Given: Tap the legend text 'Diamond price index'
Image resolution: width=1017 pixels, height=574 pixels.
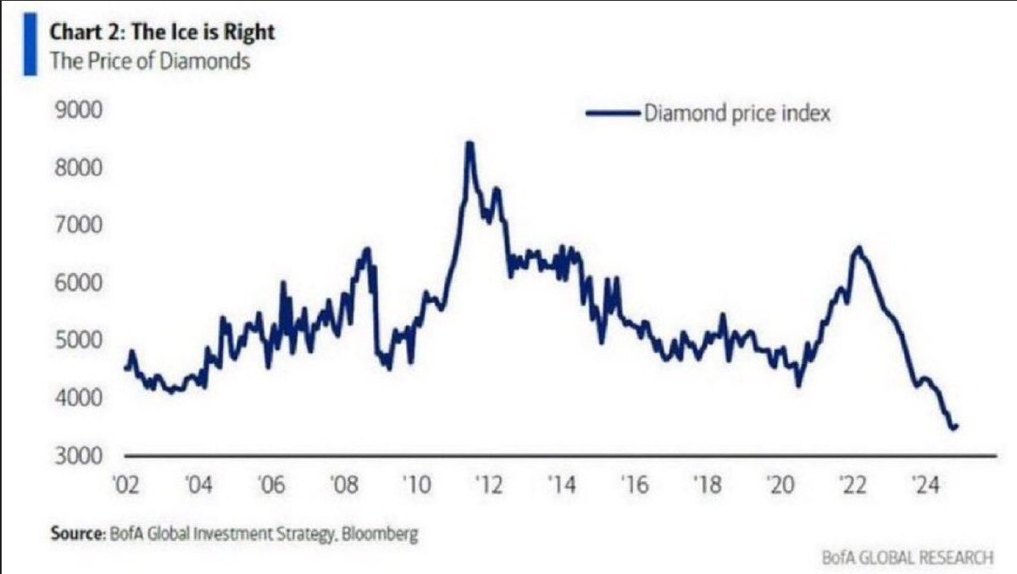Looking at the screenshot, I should point(737,113).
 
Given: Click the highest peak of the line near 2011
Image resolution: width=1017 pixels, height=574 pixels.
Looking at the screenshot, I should point(469,142).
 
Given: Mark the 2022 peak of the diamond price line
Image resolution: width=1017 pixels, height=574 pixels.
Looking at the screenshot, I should point(859,248).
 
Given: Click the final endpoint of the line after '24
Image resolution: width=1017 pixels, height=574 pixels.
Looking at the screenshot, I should point(956,426).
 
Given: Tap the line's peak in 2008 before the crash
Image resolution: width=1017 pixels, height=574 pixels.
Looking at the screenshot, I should point(367,248).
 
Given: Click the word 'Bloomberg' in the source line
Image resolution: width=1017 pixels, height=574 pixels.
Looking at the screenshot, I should point(386,535).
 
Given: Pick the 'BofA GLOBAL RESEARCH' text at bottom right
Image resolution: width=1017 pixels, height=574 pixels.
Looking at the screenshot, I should point(907,557).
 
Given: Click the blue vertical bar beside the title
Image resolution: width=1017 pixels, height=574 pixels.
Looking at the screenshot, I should point(31,47).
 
